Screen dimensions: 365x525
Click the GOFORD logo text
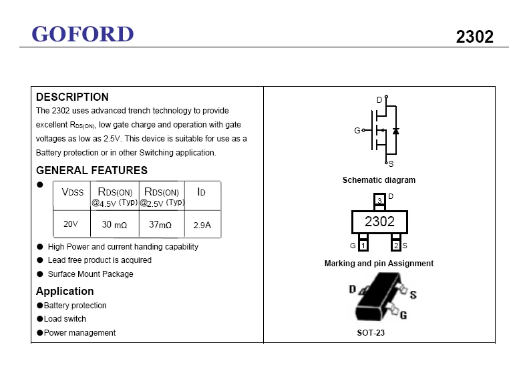tap(83, 33)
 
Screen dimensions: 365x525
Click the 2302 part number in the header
tap(474, 37)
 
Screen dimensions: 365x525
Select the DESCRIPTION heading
tap(72, 97)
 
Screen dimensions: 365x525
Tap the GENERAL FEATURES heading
tap(92, 170)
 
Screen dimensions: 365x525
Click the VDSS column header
tap(73, 192)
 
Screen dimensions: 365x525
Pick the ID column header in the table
tap(201, 192)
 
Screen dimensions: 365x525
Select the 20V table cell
tap(71, 224)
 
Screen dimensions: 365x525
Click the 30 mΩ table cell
tap(114, 225)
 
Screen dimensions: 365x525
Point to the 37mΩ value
tap(160, 225)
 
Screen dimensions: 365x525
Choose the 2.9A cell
tap(202, 225)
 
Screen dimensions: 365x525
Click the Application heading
tap(65, 291)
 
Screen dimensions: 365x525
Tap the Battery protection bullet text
tap(75, 306)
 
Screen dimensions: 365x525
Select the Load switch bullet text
tap(65, 319)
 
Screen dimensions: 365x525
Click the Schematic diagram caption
tap(379, 180)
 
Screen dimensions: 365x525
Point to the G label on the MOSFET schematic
tap(357, 131)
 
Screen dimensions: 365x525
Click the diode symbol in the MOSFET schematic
tap(395, 131)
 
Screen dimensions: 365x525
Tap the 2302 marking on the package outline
tap(379, 222)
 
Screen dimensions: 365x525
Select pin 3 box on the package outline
tap(379, 200)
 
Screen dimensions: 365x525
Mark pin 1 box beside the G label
tap(363, 246)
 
